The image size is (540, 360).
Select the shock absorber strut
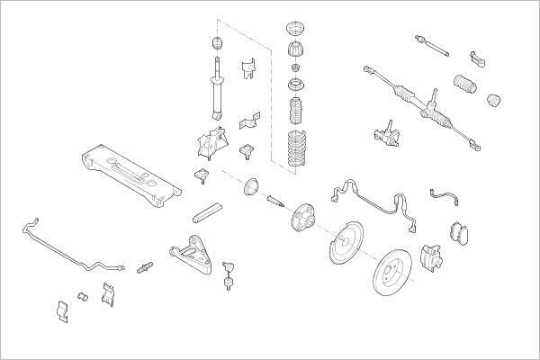tap(215, 90)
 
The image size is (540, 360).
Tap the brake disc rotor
tap(397, 275)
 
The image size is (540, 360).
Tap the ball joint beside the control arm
tap(230, 270)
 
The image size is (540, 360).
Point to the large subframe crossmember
tap(130, 170)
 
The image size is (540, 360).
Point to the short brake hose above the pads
tap(445, 193)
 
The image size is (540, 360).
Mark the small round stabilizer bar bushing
tap(82, 296)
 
